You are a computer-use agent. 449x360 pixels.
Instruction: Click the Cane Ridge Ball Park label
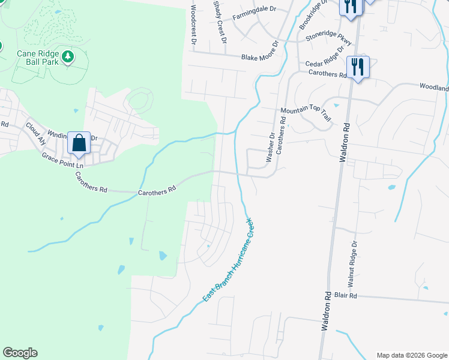point(38,57)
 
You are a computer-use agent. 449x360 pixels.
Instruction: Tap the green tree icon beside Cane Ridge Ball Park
point(69,56)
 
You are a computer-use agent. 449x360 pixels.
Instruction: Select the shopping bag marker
point(79,143)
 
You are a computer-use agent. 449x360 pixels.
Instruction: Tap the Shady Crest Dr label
point(220,22)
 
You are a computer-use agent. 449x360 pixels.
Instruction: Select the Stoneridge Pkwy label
point(328,37)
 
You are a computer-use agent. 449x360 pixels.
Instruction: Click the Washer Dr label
point(270,148)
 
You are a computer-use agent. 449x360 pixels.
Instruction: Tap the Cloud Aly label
point(35,134)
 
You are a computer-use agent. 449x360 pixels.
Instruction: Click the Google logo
point(20,353)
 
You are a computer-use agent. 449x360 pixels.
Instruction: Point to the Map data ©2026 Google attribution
point(412,355)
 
